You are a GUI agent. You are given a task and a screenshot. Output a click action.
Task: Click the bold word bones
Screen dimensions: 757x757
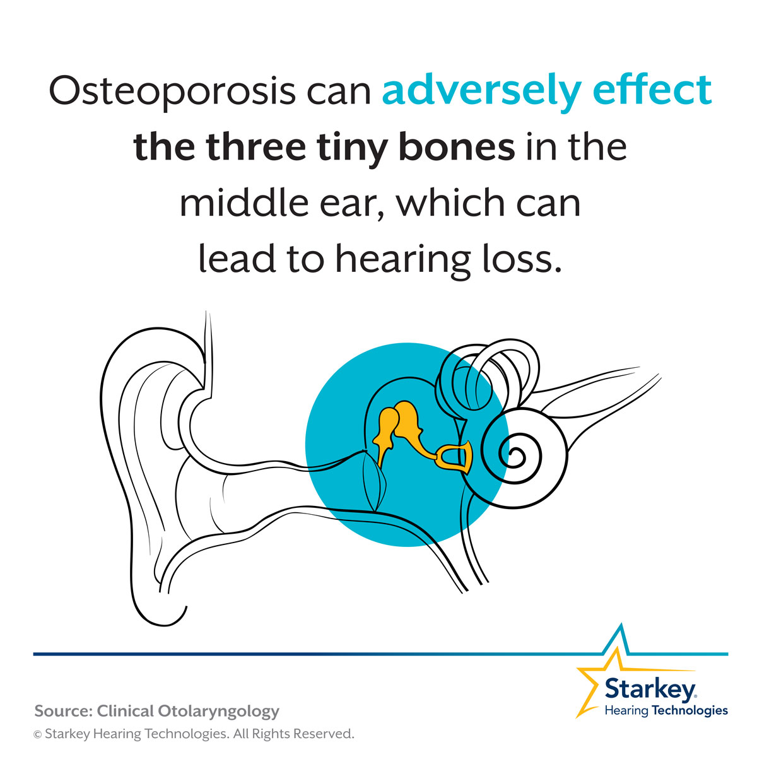click(x=457, y=146)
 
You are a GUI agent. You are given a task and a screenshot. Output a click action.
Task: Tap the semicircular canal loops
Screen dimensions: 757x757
click(x=488, y=377)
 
